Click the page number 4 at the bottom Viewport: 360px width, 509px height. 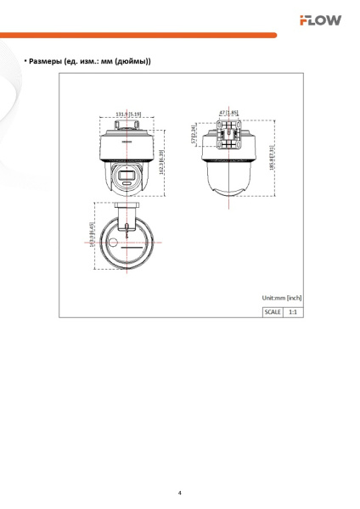point(179,492)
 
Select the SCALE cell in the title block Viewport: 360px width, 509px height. point(273,311)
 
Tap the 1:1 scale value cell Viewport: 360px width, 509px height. point(293,311)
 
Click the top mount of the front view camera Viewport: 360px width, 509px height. point(128,124)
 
